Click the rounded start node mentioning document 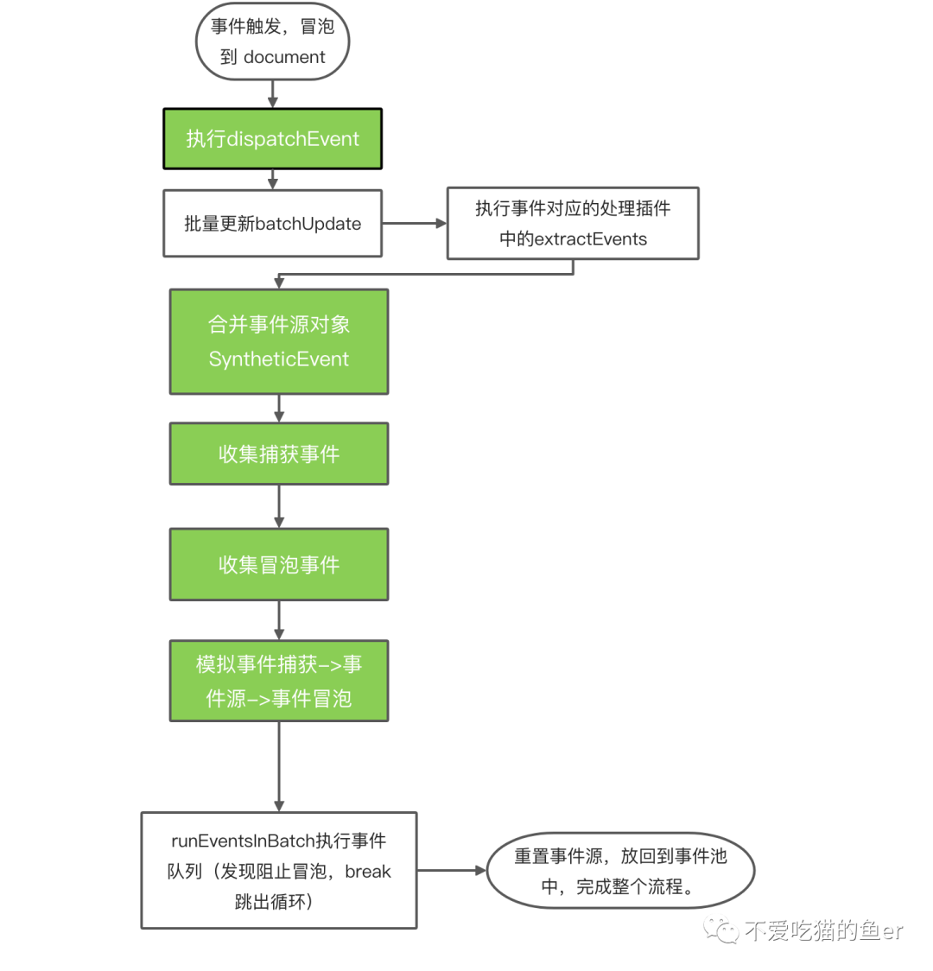[x=272, y=41]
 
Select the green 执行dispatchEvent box [x=272, y=139]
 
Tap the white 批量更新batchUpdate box [x=272, y=224]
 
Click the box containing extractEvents [x=573, y=223]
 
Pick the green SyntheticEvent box [x=279, y=341]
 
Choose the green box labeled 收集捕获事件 [x=279, y=454]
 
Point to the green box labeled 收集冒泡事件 [x=279, y=564]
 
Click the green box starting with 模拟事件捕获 [x=279, y=681]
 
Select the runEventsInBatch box [x=279, y=870]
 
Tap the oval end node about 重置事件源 [x=620, y=871]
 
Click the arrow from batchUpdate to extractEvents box [x=414, y=223]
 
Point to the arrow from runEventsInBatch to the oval [x=452, y=870]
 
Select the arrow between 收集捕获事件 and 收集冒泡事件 [x=279, y=506]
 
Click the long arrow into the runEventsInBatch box [x=279, y=766]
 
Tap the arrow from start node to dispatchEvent [x=272, y=94]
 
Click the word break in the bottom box [x=368, y=872]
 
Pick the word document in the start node [x=284, y=57]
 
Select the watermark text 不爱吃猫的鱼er [x=824, y=930]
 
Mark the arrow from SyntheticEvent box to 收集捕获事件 [x=279, y=409]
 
